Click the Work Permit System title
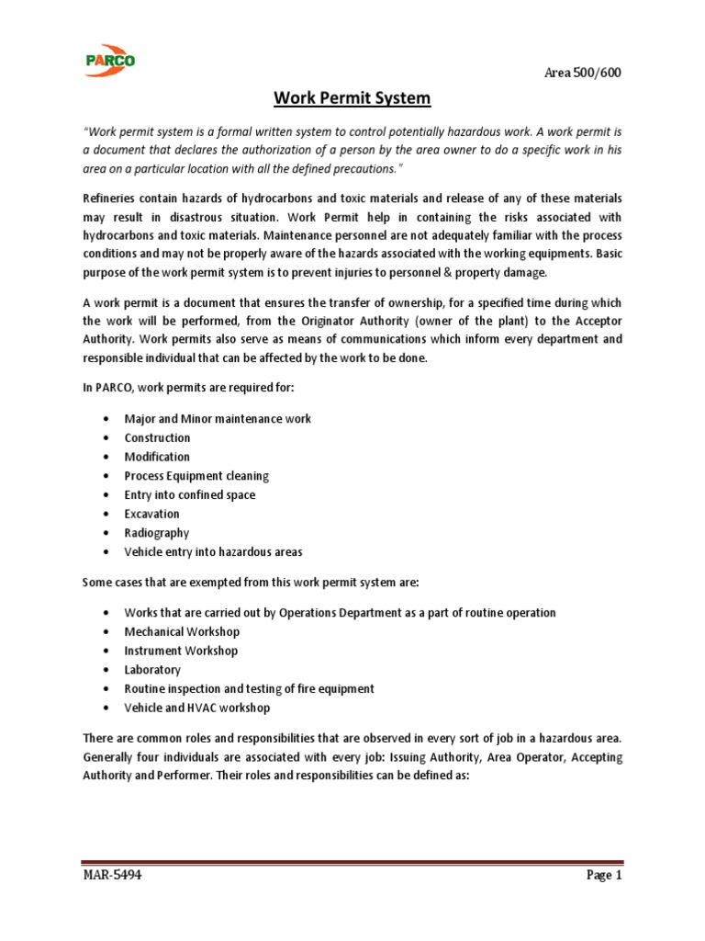coord(352,97)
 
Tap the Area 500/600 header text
coord(582,74)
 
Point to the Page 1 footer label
coord(605,875)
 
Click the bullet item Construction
coord(158,437)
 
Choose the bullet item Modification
coord(158,457)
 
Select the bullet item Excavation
coord(152,514)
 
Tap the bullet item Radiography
coord(157,533)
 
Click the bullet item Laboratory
coord(153,670)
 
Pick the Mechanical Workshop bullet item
coord(182,631)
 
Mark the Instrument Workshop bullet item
coord(181,651)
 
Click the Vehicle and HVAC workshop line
coord(197,708)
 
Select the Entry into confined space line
coord(190,494)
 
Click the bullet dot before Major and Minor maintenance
coord(108,419)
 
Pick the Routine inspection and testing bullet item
coord(250,688)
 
